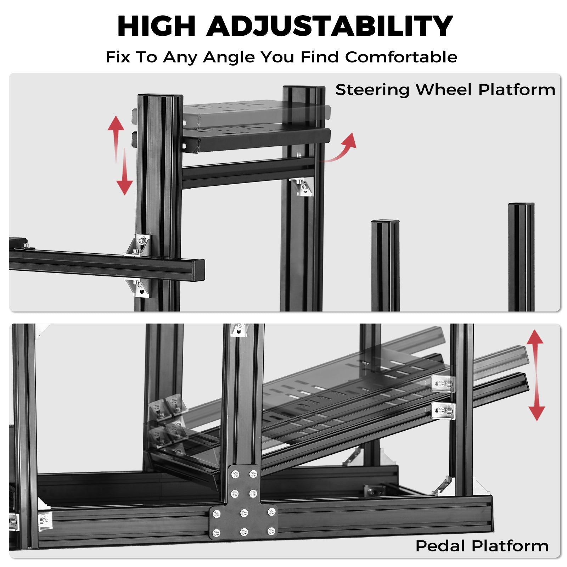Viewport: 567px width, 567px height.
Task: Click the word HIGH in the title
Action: click(156, 26)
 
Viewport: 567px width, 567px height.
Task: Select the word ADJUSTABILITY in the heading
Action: click(330, 26)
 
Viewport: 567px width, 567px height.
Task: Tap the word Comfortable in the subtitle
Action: click(401, 57)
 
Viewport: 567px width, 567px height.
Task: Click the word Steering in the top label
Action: click(372, 90)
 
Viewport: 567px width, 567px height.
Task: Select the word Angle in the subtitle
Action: click(229, 57)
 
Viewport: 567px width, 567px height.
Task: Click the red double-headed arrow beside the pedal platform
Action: click(535, 375)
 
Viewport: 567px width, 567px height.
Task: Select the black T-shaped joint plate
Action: click(243, 502)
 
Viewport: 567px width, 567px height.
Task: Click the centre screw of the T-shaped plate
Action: click(244, 512)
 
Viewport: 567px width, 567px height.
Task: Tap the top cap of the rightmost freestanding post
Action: click(521, 205)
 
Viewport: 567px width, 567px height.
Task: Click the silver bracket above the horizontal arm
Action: click(139, 245)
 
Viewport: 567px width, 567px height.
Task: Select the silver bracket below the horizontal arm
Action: click(139, 287)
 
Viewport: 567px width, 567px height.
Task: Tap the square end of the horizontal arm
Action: click(199, 270)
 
